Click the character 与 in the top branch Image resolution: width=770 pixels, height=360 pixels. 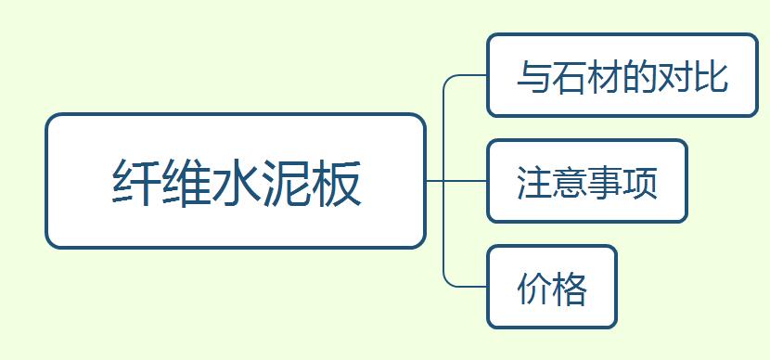coord(534,76)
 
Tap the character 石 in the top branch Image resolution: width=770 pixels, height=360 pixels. coord(570,76)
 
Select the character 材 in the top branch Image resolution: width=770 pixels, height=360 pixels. coord(605,76)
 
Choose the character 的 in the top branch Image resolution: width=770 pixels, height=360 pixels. coord(639,76)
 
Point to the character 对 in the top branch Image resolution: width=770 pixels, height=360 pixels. coord(674,76)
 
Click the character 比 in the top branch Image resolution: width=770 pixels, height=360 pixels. coord(710,76)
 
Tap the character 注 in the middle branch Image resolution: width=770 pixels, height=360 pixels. coord(534,182)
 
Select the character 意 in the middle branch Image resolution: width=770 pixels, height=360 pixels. coord(570,182)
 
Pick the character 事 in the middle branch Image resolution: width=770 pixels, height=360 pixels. coord(605,182)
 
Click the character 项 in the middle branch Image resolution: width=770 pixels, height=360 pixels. coord(640,182)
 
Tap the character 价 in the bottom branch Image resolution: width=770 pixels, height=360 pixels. coord(534,289)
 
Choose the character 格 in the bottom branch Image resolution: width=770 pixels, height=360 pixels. coord(570,289)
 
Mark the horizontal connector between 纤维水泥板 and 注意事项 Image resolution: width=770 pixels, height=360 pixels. coord(456,181)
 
